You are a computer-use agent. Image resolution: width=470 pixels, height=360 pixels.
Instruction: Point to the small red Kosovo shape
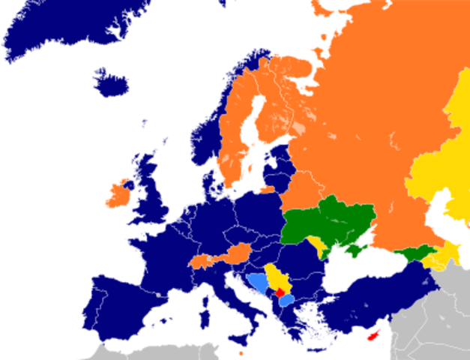pyautogui.click(x=280, y=292)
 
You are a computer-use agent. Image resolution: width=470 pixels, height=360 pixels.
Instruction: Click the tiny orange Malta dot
pyautogui.click(x=241, y=352)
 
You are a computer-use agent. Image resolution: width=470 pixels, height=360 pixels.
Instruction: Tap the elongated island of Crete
pyautogui.click(x=313, y=349)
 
